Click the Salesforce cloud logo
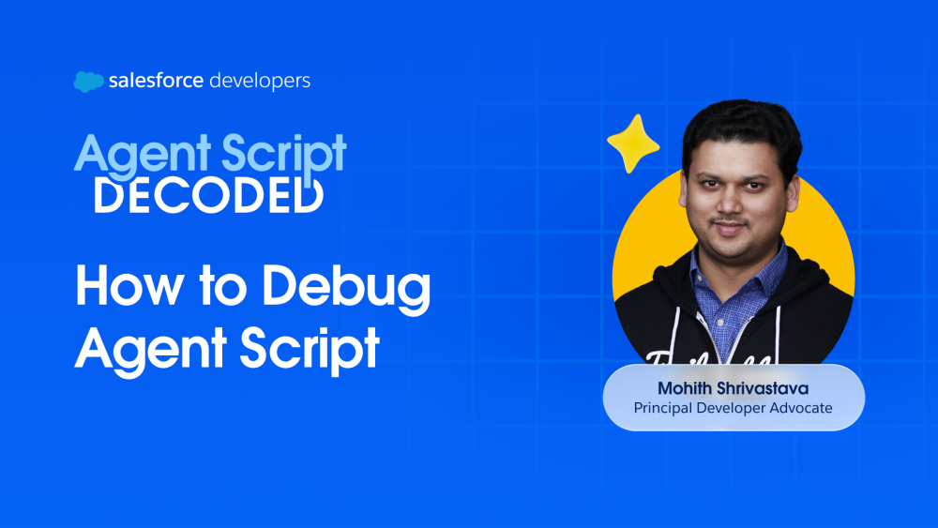coord(88,82)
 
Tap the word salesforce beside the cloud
coord(156,80)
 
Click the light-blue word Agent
coord(143,156)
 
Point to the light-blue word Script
coord(284,155)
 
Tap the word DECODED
coord(209,195)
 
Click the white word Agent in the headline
coord(150,349)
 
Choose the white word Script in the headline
coord(310,349)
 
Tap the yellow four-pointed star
coord(633,143)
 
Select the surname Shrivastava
coord(763,388)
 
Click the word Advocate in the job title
coord(801,408)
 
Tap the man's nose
coord(730,204)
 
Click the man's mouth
coord(730,228)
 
